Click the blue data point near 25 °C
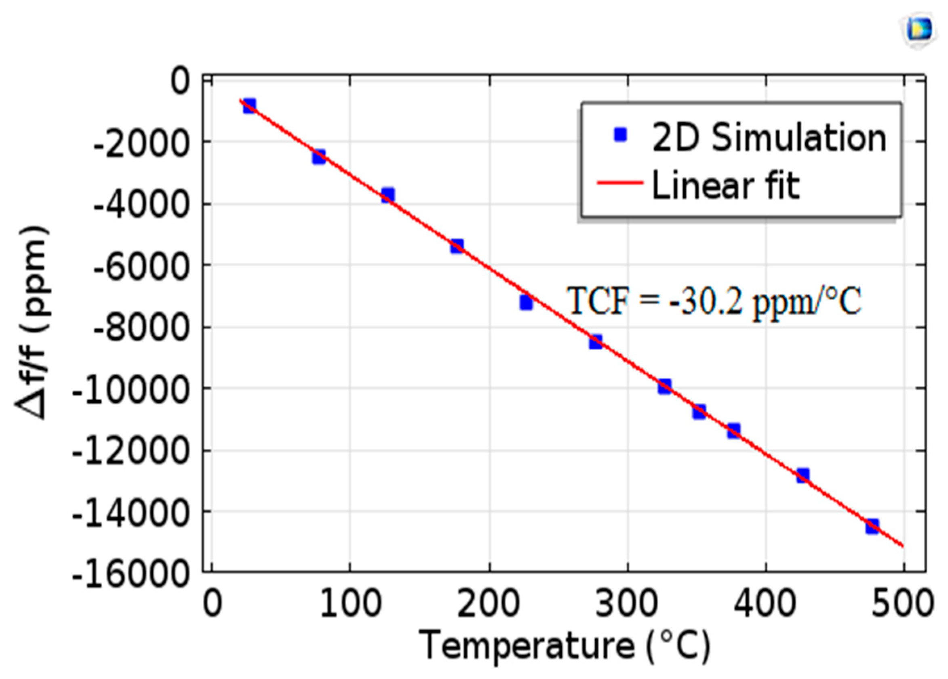coord(249,106)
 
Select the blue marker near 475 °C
coord(872,526)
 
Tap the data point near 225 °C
coord(526,302)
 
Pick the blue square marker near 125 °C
coord(388,195)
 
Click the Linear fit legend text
coord(726,185)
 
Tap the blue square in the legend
coord(620,135)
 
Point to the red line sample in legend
coord(619,183)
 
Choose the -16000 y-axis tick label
coord(130,574)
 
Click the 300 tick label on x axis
coord(627,605)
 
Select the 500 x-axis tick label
coord(903,605)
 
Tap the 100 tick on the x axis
coord(350,605)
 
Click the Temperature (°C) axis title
coord(567,645)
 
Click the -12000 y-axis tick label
coord(130,451)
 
